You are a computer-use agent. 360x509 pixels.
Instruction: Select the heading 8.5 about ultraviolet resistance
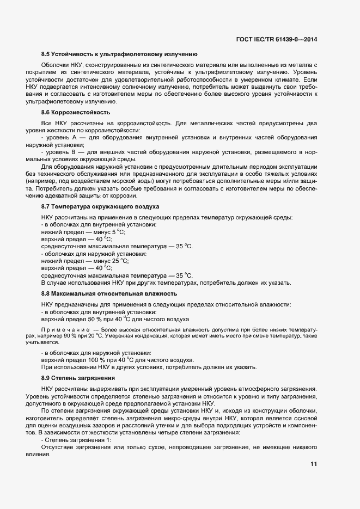click(119, 54)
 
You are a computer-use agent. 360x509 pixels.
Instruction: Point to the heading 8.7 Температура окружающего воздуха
click(100, 207)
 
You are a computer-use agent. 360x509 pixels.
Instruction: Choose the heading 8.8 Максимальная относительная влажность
click(110, 294)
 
